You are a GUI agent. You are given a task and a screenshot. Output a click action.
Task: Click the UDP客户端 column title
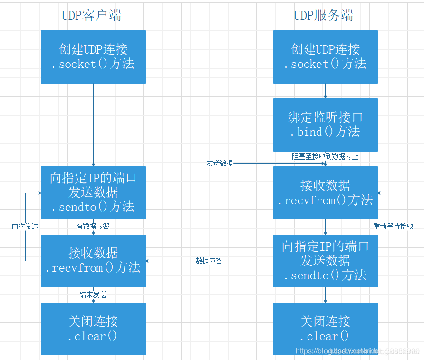(x=92, y=16)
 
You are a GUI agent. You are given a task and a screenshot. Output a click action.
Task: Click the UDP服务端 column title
(x=323, y=16)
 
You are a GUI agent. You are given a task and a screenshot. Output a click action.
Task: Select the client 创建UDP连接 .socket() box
(x=93, y=57)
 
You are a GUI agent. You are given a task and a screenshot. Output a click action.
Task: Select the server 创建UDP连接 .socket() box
(x=326, y=57)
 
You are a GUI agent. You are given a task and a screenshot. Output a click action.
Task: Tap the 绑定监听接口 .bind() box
(x=326, y=125)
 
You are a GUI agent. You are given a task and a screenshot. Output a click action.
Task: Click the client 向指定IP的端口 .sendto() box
(x=93, y=192)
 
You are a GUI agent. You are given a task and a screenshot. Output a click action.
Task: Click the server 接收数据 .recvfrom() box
(x=326, y=192)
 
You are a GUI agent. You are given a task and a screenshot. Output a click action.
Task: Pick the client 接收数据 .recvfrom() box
(x=93, y=260)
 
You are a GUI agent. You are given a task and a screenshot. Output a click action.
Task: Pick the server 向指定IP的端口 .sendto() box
(x=326, y=260)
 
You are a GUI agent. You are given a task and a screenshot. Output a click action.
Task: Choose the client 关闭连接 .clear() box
(x=93, y=329)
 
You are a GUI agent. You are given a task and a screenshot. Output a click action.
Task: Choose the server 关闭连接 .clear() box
(x=326, y=329)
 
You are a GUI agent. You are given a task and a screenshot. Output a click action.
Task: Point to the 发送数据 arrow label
(x=220, y=163)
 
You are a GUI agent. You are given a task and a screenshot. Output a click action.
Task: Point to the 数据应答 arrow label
(x=209, y=261)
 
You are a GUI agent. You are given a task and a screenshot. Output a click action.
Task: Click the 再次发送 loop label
(x=25, y=227)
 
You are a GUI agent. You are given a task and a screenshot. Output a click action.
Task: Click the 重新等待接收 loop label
(x=393, y=227)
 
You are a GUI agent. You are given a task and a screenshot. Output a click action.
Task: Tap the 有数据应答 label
(x=93, y=227)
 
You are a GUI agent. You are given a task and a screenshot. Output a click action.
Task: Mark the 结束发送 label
(x=93, y=295)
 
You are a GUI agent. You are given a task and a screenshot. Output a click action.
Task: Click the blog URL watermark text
(x=357, y=351)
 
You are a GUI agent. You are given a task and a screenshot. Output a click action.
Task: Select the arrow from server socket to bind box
(x=326, y=91)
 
